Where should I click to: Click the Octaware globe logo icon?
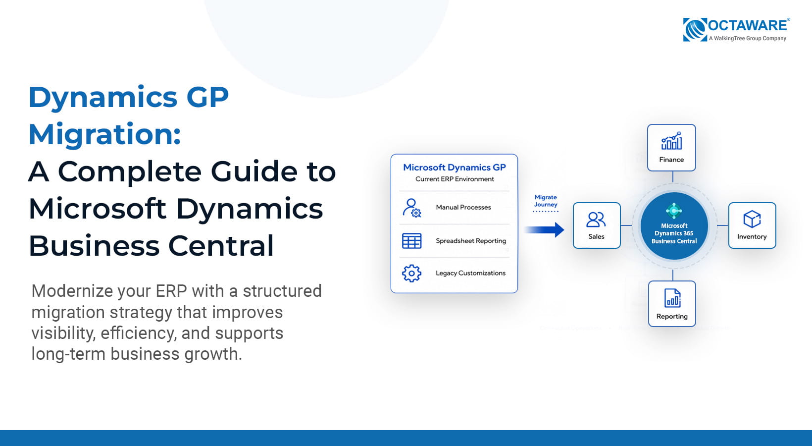[695, 29]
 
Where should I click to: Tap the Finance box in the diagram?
[671, 147]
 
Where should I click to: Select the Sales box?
[597, 225]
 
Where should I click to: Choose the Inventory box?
[752, 225]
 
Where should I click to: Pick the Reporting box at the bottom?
[672, 304]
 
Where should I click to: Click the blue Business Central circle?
[674, 225]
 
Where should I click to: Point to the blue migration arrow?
[544, 230]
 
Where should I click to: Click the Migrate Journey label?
[546, 201]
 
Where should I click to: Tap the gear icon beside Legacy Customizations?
[411, 273]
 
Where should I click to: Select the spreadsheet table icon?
[411, 241]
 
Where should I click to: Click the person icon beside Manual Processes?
[412, 208]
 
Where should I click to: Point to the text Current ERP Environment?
[455, 179]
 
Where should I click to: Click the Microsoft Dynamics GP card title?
[455, 167]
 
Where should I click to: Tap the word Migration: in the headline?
[104, 135]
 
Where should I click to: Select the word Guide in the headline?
[254, 171]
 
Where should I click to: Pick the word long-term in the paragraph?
[68, 354]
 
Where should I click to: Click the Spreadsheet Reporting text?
[471, 241]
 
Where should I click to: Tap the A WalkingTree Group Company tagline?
[748, 39]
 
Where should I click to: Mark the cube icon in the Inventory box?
[752, 219]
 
